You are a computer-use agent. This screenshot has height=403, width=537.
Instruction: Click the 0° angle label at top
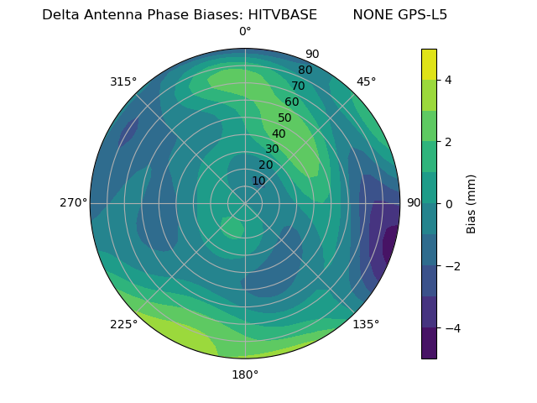point(245,32)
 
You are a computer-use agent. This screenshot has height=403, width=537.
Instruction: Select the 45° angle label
point(366,81)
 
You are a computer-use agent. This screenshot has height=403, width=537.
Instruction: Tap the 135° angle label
point(366,324)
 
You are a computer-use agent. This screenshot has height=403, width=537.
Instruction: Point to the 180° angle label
point(245,374)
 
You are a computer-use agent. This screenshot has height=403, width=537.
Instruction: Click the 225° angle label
point(123,324)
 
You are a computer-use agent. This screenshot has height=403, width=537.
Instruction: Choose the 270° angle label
point(73,203)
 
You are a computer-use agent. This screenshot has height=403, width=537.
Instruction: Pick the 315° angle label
point(123,81)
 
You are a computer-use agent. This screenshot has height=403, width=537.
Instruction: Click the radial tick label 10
point(258,181)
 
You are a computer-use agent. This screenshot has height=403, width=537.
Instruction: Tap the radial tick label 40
point(279,133)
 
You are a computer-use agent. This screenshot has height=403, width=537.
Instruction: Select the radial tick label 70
point(298,86)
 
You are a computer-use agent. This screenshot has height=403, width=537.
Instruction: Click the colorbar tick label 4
point(449,80)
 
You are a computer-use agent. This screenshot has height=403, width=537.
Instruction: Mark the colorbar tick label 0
point(449,203)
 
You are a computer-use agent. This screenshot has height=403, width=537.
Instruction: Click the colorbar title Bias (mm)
point(472,203)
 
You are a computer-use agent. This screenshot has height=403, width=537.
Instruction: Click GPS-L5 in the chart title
point(420,15)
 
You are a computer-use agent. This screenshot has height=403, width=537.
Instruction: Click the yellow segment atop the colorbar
point(429,64)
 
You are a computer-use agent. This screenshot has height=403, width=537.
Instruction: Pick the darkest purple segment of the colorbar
point(429,343)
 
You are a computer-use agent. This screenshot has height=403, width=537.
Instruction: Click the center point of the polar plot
point(245,203)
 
